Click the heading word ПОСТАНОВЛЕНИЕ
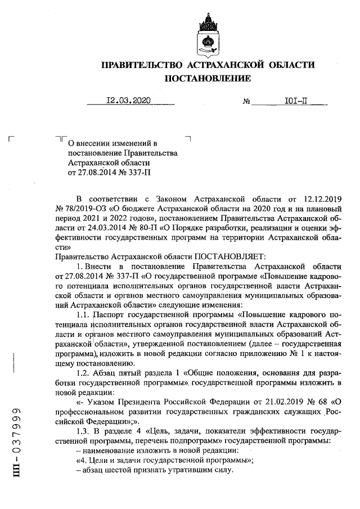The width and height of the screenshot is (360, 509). tap(208, 79)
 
